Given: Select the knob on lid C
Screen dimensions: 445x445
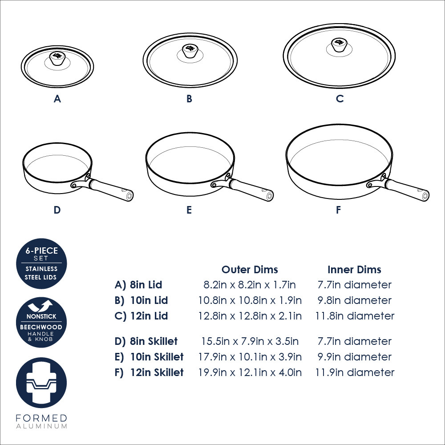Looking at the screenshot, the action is (340, 45).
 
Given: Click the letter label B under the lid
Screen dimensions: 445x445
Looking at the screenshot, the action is (189, 99).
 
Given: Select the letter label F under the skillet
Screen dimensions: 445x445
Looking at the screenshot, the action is (338, 210).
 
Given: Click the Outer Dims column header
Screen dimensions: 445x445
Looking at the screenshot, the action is (250, 269).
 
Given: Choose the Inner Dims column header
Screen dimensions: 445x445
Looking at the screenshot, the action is (355, 269).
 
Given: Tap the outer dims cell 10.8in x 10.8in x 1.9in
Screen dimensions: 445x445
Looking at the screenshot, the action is (250, 300).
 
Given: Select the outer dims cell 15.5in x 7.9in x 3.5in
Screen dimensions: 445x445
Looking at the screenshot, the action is (250, 341).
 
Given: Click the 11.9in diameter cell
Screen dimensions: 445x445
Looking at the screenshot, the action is (355, 372).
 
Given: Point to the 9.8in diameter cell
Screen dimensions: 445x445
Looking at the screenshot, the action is (355, 300).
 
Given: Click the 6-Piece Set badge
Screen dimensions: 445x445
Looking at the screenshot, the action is (41, 263).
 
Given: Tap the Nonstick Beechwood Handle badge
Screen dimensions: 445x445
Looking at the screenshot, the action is (41, 322).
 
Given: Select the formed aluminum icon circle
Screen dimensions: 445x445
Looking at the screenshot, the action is (41, 383).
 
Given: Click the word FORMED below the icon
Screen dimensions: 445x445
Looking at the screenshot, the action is (41, 418).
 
